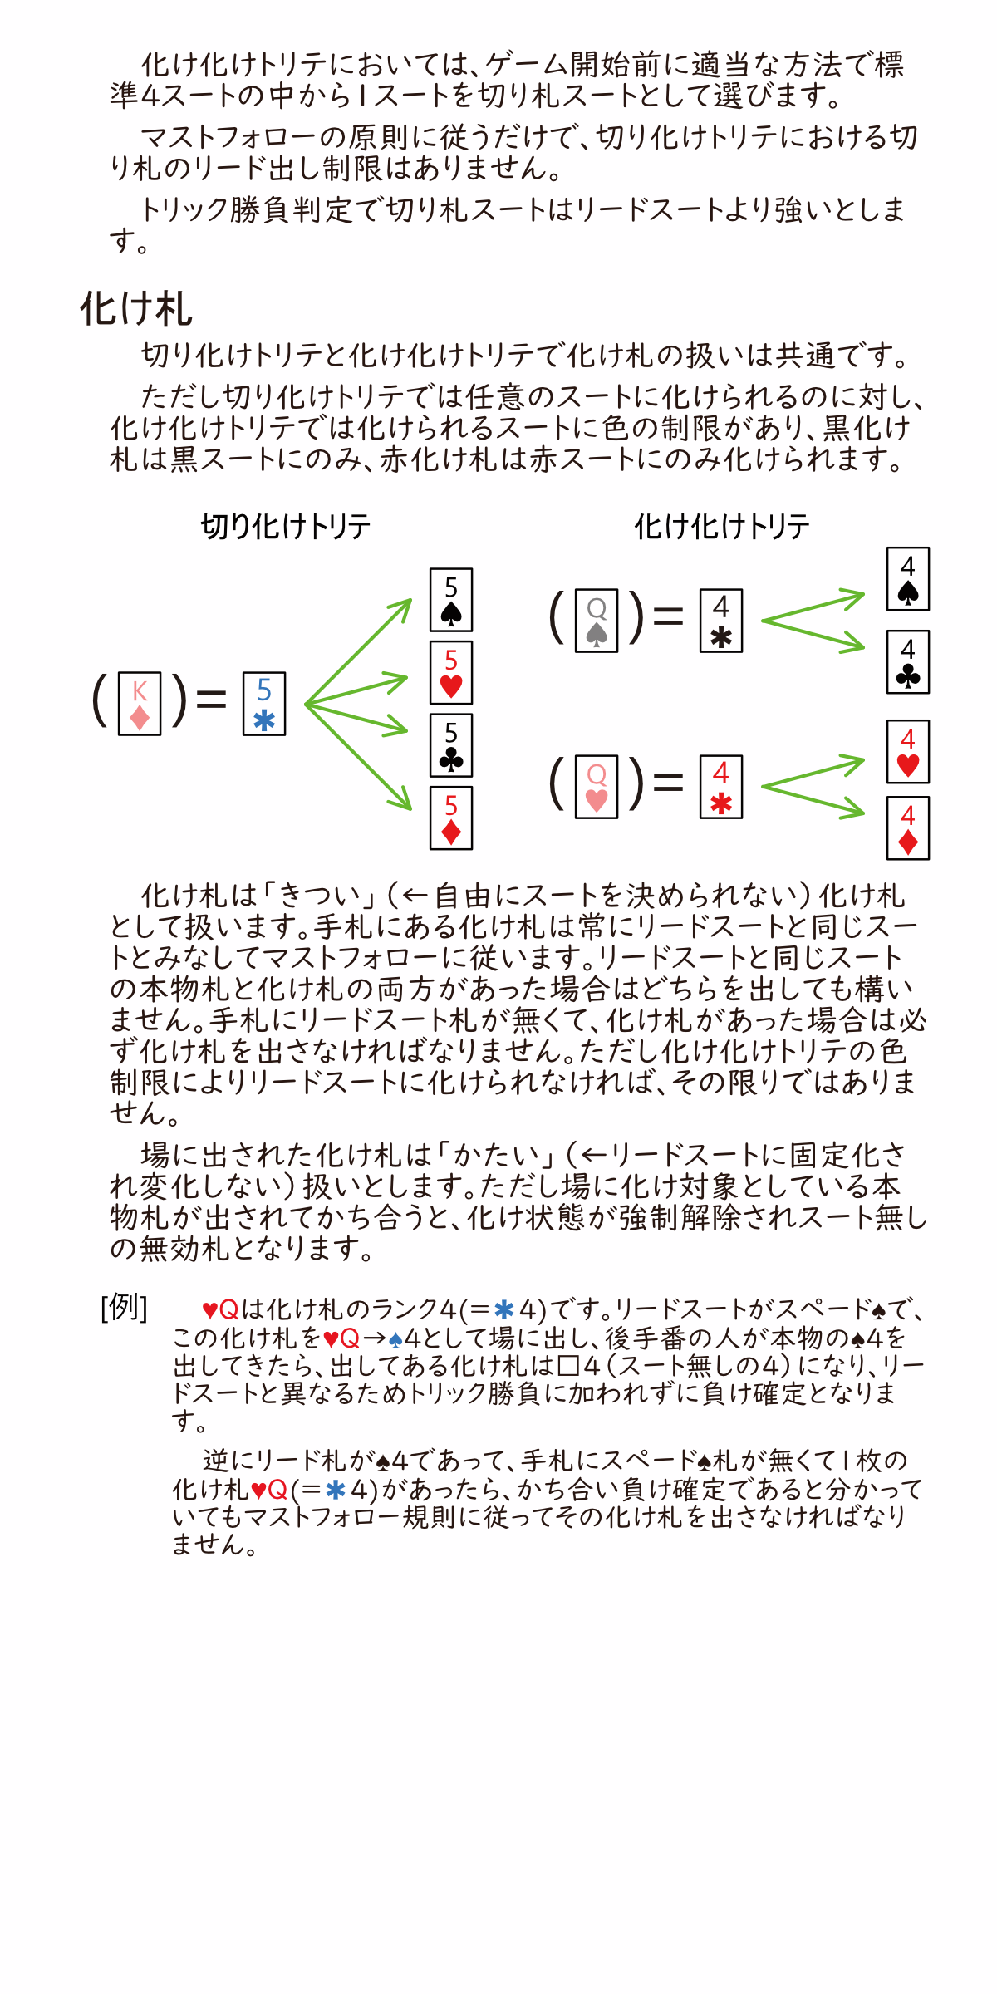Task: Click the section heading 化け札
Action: [136, 308]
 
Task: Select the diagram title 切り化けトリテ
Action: [286, 526]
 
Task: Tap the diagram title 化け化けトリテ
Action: [722, 526]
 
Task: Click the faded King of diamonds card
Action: [140, 704]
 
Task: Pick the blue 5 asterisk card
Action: [264, 704]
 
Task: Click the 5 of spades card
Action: [451, 600]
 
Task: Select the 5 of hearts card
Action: [451, 672]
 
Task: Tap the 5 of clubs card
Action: [451, 745]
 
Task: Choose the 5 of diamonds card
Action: [451, 818]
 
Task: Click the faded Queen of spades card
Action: [597, 621]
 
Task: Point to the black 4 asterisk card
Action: [721, 621]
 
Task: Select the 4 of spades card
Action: [908, 579]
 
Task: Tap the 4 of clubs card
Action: [908, 662]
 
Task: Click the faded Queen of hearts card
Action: [597, 787]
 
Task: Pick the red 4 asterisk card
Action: [721, 787]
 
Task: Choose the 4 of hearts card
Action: [908, 752]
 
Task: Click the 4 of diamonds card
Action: [908, 828]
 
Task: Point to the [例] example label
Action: [124, 1307]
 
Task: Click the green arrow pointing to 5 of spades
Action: [359, 651]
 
